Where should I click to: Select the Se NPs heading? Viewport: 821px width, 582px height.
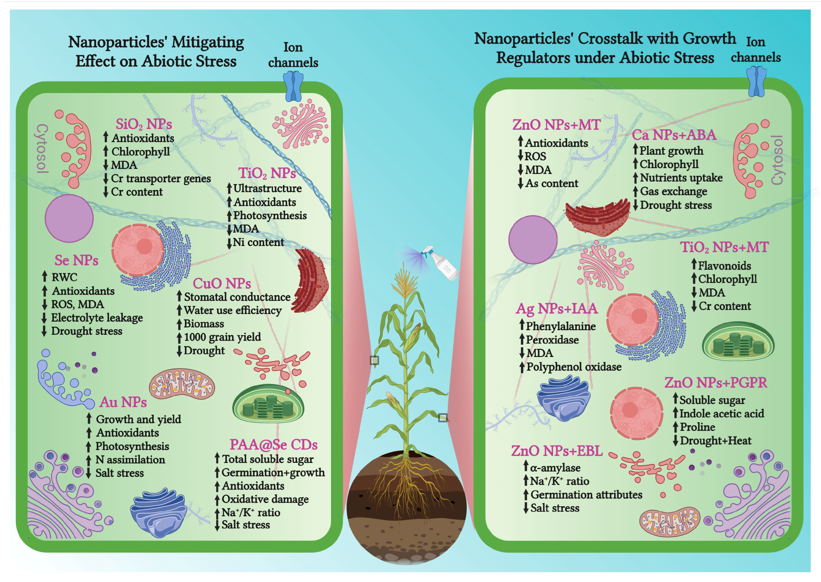(76, 260)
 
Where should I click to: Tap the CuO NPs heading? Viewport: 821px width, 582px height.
(222, 283)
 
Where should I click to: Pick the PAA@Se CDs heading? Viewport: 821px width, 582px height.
(274, 445)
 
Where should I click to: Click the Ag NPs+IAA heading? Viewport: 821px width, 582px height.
(556, 309)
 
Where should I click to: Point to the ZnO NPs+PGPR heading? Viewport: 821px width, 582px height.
(716, 383)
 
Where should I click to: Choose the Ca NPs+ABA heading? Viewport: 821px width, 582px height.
(674, 135)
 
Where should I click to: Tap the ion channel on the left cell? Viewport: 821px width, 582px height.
(293, 86)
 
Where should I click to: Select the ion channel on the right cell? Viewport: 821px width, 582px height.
(756, 82)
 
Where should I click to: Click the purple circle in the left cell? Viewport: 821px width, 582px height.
(69, 218)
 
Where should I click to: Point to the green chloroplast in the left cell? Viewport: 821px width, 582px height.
(268, 404)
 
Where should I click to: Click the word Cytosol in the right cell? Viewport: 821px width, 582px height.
(777, 160)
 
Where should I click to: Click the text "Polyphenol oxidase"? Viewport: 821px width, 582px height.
(574, 367)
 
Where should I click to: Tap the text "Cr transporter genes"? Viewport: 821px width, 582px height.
(161, 178)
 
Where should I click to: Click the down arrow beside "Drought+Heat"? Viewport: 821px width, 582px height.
(675, 440)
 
